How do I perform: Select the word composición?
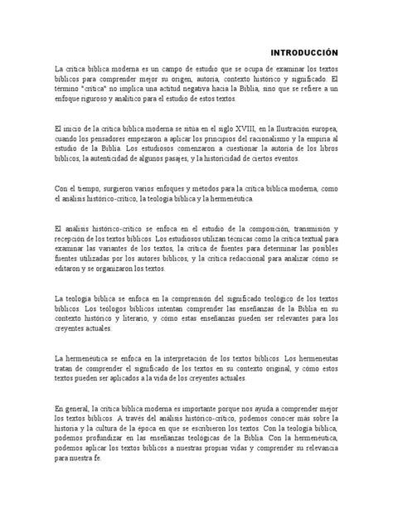coord(240,228)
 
